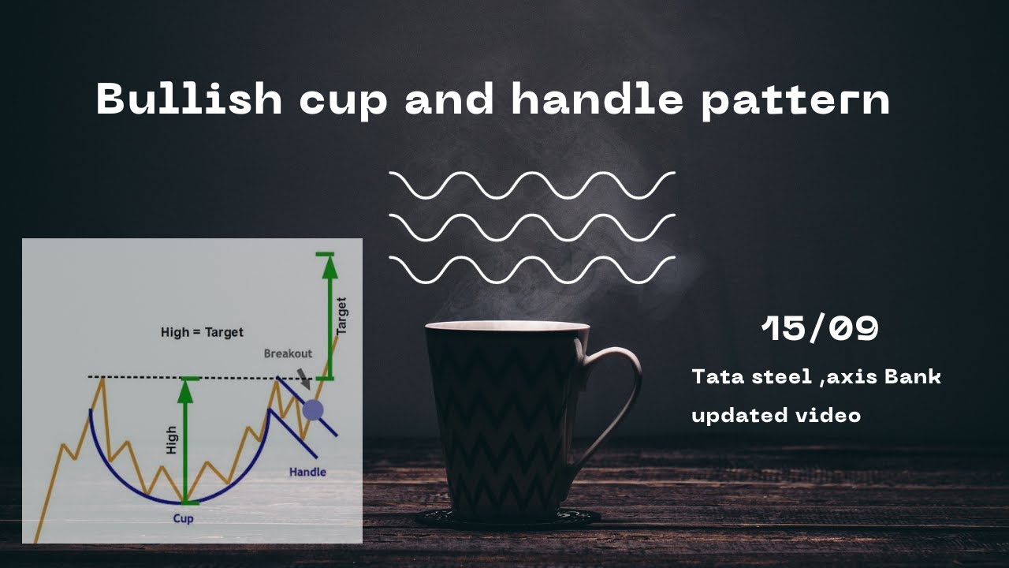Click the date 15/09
[820, 328]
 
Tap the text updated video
[776, 415]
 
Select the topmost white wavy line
[532, 185]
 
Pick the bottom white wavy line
[532, 269]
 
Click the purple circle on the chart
[313, 409]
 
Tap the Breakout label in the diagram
[288, 353]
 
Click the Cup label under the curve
[183, 518]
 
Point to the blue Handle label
[307, 472]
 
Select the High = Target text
[202, 332]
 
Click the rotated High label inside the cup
[172, 440]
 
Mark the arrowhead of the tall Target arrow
[330, 267]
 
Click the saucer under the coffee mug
[508, 518]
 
